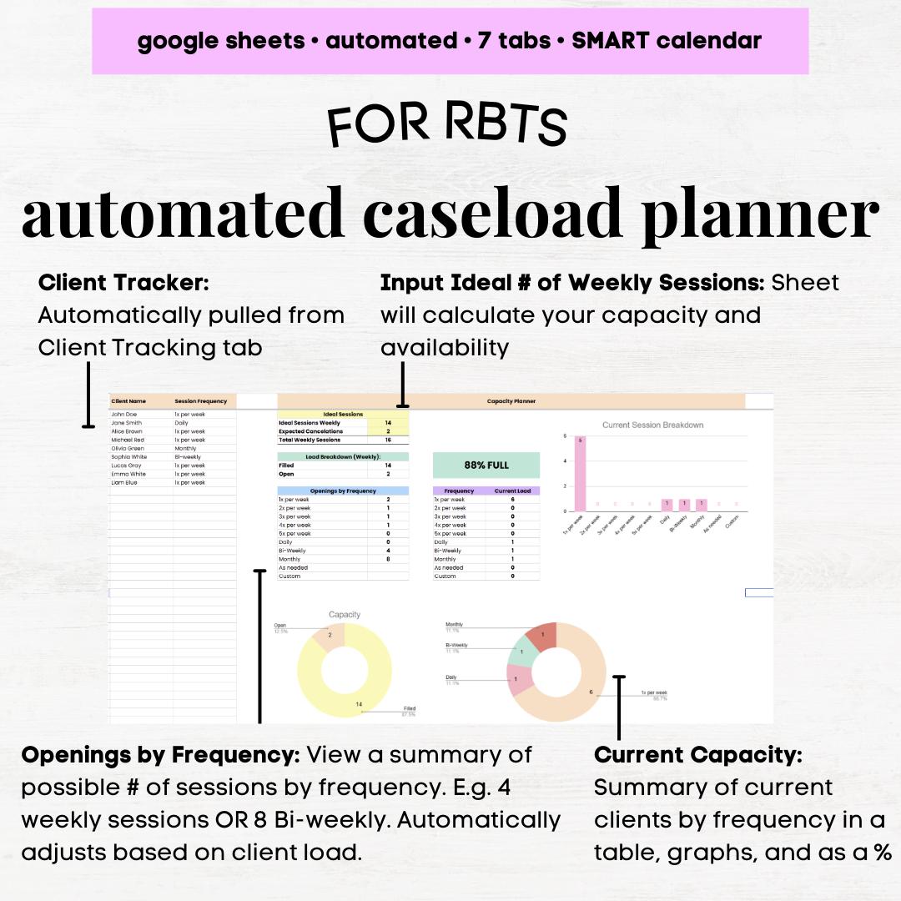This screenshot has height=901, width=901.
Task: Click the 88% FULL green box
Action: (486, 465)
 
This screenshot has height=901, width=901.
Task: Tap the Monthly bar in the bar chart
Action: (702, 505)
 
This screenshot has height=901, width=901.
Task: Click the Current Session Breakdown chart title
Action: (652, 425)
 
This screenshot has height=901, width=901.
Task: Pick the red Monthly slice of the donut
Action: (543, 637)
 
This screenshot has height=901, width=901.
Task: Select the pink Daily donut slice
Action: (520, 680)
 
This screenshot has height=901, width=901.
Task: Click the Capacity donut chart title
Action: (345, 615)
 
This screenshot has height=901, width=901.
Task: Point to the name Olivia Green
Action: (128, 448)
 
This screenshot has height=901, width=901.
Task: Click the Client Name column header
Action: (128, 401)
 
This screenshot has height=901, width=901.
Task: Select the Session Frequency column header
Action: (200, 401)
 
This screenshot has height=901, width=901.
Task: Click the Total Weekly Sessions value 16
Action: (388, 440)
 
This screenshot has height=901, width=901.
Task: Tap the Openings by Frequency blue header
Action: (343, 491)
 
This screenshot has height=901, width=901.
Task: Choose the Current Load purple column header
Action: (512, 491)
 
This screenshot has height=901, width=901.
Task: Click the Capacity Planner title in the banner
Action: (511, 401)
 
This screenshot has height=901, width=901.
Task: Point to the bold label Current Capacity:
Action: (697, 755)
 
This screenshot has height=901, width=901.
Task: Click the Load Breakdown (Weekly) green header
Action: (343, 456)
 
